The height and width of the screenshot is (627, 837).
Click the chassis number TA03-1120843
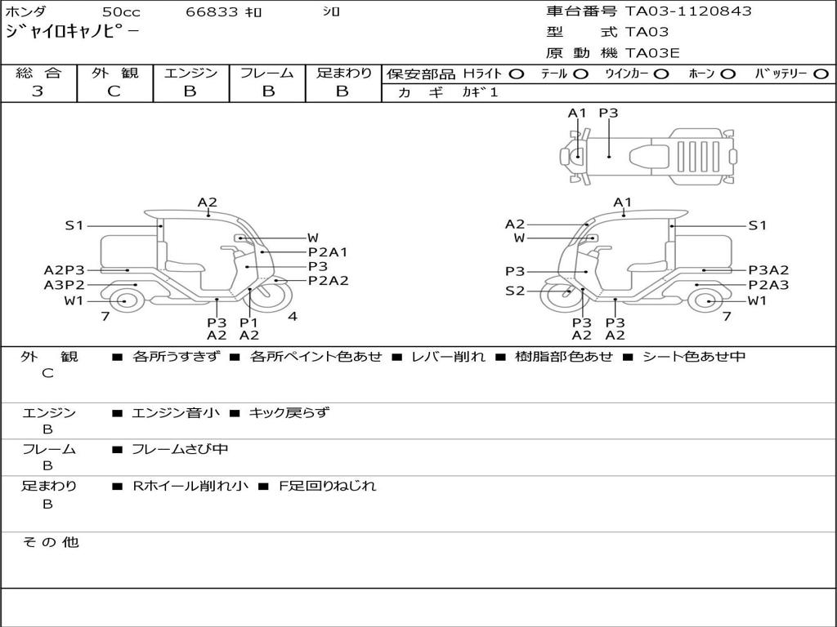[688, 11]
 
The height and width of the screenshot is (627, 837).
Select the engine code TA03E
[652, 53]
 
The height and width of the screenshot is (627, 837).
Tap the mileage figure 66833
[212, 11]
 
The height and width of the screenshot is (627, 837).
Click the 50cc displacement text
[121, 11]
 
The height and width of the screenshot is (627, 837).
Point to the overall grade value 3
[38, 91]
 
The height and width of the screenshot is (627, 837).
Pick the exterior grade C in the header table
[114, 91]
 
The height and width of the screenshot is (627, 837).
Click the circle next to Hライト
[517, 74]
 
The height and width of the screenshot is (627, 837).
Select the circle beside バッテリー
[821, 74]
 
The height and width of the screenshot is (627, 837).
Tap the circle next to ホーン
[728, 74]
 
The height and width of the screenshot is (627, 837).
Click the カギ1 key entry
[480, 92]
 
